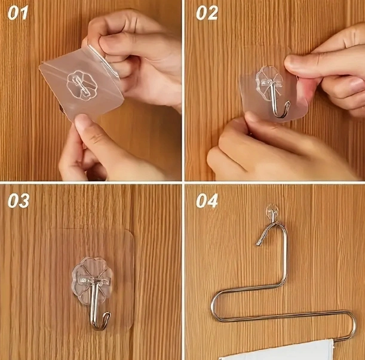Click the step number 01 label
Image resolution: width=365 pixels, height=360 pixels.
pos(18,13)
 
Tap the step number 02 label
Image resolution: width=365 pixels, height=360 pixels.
pos(207,13)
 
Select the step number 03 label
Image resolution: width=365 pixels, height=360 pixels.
pos(19,201)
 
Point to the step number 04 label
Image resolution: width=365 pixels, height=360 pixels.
pos(207,201)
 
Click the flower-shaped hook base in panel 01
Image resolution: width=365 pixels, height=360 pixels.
pos(82,85)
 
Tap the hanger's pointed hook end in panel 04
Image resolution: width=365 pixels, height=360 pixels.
pos(259,243)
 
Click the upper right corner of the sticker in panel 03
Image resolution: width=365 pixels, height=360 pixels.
pos(132,232)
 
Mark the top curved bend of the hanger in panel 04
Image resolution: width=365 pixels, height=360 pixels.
pos(278,224)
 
